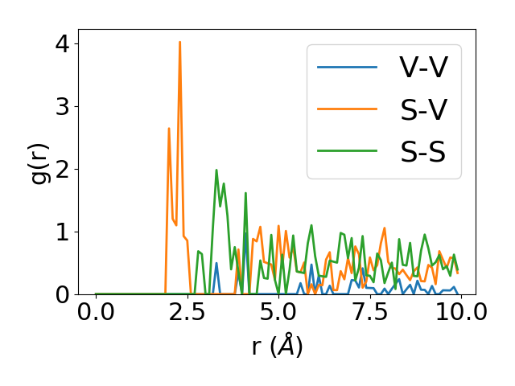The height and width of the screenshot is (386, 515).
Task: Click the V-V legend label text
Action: pos(423,67)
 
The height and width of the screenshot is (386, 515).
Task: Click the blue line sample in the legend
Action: pos(347,67)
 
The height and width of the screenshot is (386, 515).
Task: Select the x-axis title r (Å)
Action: pos(277,346)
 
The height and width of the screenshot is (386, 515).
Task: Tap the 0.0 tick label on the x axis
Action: pos(96,312)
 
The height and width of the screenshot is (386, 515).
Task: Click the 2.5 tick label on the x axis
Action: pos(187,312)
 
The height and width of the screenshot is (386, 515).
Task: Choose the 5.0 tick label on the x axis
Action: pos(278,312)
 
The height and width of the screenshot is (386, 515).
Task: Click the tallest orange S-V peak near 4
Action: pos(179,43)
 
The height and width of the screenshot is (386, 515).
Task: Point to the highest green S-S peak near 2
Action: pos(216,170)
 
